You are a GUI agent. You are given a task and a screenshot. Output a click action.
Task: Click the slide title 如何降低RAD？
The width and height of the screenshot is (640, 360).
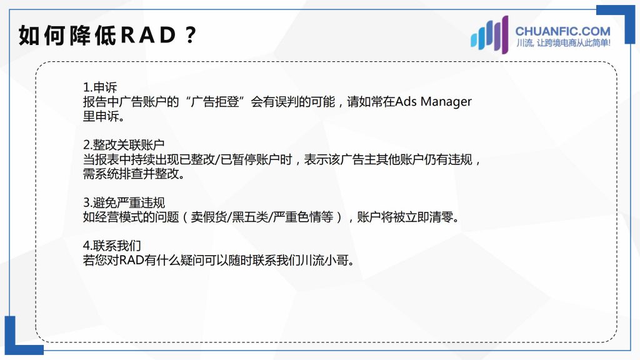tap(107, 35)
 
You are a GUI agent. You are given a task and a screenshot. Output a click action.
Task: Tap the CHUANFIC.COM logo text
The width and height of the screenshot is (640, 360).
tap(562, 31)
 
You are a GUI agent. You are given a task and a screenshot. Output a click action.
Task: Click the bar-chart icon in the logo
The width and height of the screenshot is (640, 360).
tap(489, 35)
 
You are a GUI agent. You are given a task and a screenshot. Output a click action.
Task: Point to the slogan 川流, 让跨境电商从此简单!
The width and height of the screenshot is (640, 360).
tap(563, 43)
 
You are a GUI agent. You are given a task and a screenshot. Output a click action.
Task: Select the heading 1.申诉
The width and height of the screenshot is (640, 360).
tap(100, 87)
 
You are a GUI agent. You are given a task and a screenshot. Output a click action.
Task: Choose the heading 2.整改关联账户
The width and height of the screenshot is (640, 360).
tap(124, 145)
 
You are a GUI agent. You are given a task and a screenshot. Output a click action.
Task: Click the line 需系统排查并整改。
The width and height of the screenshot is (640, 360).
tap(134, 174)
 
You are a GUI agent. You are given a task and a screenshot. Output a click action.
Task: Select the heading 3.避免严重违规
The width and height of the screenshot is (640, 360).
tap(124, 202)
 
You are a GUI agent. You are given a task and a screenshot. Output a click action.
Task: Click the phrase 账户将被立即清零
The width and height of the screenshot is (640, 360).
tap(404, 217)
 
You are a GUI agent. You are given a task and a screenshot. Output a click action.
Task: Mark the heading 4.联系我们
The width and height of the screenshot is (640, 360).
tap(112, 246)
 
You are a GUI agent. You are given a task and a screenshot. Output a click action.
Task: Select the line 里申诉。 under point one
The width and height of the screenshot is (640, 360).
tap(103, 116)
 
